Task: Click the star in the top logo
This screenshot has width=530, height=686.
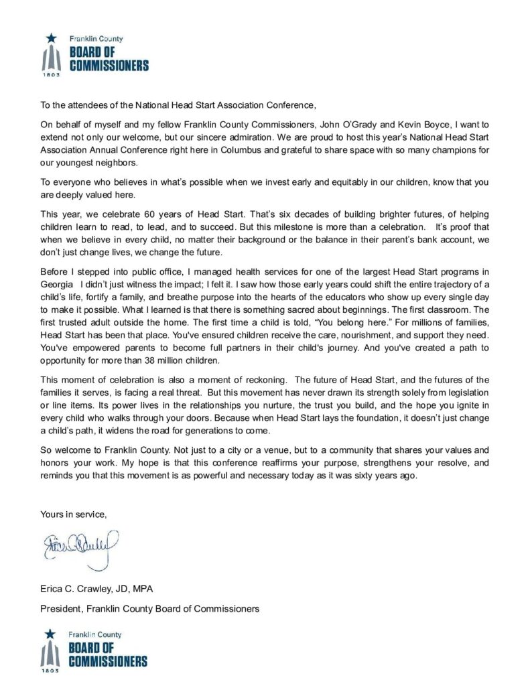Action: (52, 40)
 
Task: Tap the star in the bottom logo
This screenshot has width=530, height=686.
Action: (50, 632)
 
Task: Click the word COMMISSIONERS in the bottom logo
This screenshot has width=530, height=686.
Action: (108, 661)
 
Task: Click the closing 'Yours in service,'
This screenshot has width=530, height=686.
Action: (73, 514)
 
